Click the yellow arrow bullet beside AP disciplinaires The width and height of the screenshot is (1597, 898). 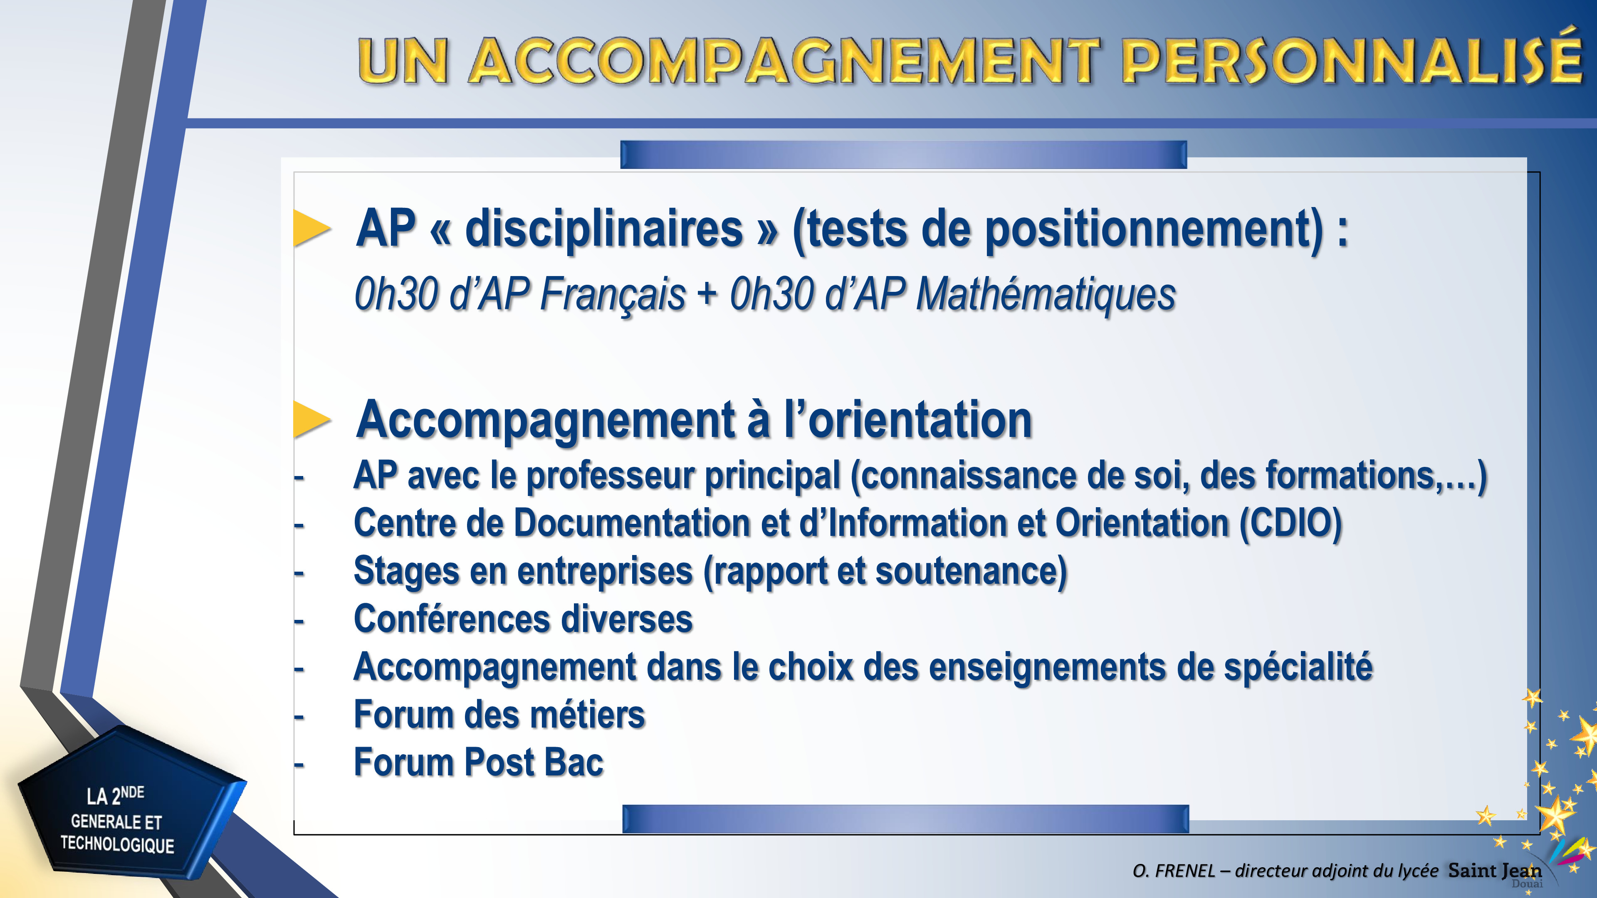click(x=312, y=229)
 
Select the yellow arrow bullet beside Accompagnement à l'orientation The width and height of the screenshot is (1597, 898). click(x=312, y=419)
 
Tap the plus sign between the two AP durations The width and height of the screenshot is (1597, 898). click(x=707, y=294)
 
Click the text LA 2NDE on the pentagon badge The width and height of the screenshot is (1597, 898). click(x=115, y=795)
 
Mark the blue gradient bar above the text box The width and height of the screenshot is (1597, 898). click(x=903, y=154)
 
